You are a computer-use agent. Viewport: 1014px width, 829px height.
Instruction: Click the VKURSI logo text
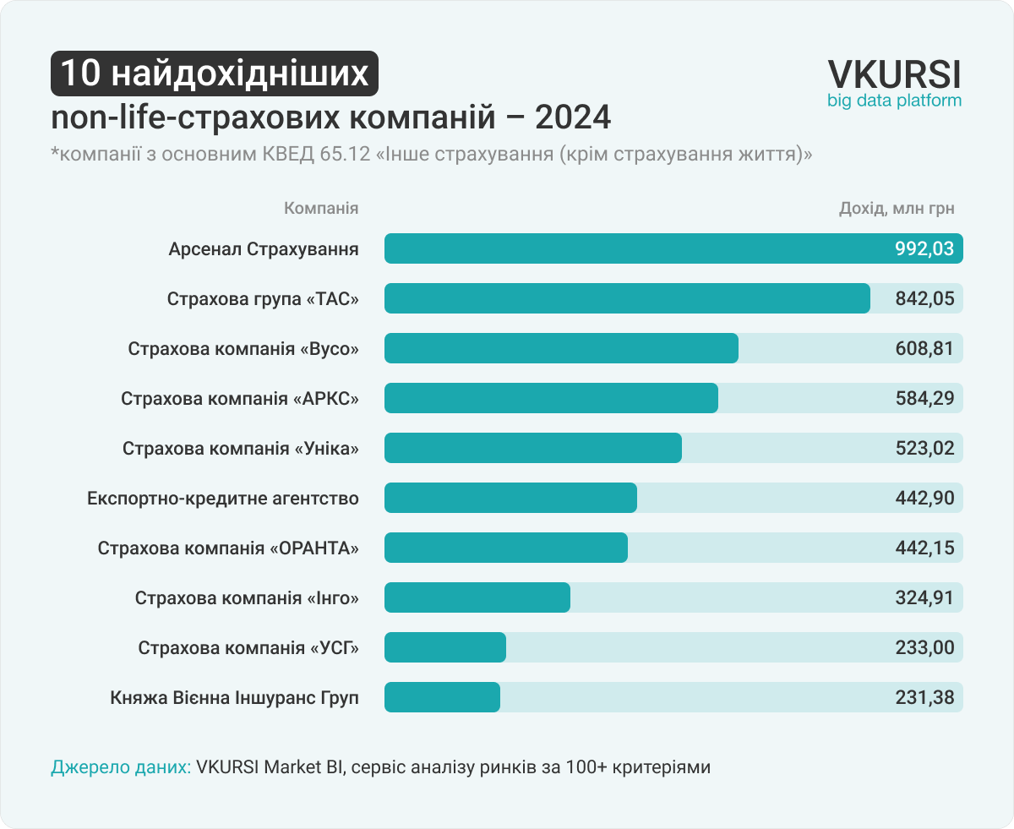pos(894,74)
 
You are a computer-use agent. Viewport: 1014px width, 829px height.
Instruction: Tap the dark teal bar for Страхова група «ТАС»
pos(627,299)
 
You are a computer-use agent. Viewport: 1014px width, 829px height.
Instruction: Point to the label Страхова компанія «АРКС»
pos(240,399)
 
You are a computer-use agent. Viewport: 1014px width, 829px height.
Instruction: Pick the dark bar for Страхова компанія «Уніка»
pos(532,449)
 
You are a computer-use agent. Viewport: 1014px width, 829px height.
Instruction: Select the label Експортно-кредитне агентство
pos(223,499)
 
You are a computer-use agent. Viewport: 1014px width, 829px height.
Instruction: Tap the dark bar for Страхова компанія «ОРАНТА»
pos(505,548)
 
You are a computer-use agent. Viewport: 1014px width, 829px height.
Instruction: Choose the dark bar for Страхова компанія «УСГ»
pos(444,648)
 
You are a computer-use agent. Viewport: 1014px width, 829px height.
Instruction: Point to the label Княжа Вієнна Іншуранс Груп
pos(234,699)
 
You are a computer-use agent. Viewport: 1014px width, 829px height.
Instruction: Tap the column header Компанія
pos(321,209)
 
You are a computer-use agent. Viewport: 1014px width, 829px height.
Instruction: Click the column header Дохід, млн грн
pos(897,209)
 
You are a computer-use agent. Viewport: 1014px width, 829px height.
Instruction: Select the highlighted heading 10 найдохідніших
pos(215,74)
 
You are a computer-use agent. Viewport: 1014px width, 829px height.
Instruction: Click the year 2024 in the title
pos(573,117)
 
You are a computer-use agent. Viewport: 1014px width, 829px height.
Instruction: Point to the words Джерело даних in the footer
pos(120,767)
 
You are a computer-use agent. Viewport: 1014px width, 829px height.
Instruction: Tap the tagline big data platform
pos(894,101)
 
